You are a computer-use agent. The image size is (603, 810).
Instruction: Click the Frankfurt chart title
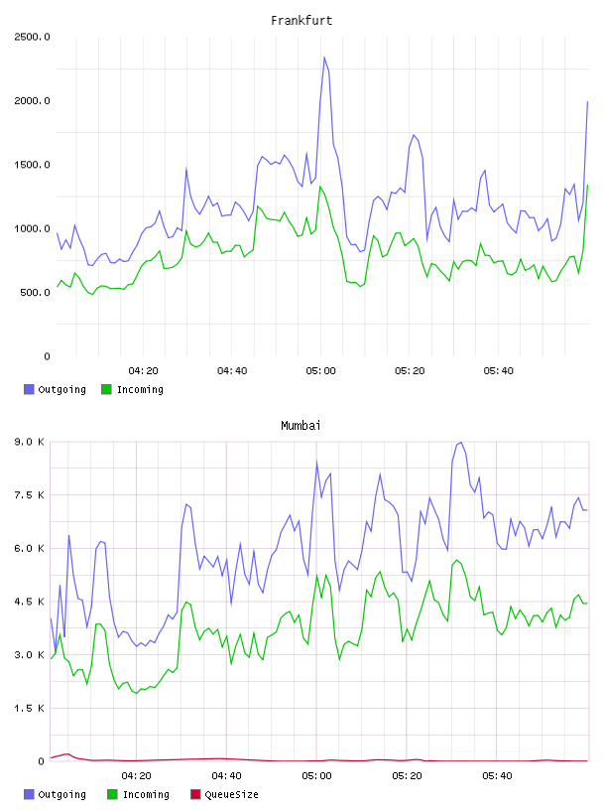(x=301, y=20)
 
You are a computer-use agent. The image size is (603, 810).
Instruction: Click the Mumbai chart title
(x=301, y=425)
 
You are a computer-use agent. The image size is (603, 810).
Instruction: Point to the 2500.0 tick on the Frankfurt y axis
(x=32, y=37)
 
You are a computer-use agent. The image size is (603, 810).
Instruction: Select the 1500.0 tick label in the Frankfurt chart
(x=32, y=165)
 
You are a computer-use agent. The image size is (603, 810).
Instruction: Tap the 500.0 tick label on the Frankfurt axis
(x=35, y=293)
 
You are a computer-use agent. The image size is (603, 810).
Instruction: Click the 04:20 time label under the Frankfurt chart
(x=143, y=370)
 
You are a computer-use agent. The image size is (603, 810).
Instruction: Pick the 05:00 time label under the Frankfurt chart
(x=320, y=370)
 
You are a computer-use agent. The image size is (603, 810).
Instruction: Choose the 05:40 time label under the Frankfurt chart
(x=498, y=370)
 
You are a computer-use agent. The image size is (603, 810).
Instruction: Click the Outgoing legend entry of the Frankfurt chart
(x=55, y=389)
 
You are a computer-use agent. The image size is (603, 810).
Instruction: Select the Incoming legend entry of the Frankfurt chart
(x=132, y=389)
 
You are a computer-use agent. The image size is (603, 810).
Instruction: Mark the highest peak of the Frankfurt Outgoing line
(x=324, y=57)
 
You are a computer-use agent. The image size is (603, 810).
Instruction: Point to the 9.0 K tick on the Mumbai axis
(x=29, y=442)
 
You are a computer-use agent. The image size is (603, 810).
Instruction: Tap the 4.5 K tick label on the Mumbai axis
(x=29, y=602)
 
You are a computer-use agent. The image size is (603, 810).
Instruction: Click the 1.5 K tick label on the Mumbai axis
(x=29, y=708)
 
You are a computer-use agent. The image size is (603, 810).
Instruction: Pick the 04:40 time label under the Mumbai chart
(x=226, y=775)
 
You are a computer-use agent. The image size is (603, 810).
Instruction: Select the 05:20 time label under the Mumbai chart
(x=407, y=775)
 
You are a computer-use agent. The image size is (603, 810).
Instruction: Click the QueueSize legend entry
(x=224, y=794)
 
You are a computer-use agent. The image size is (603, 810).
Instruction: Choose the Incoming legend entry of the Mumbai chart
(x=138, y=794)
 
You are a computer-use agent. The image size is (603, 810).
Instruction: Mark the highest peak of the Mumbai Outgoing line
(x=460, y=442)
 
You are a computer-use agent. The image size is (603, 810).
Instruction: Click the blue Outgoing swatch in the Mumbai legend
(x=29, y=794)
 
